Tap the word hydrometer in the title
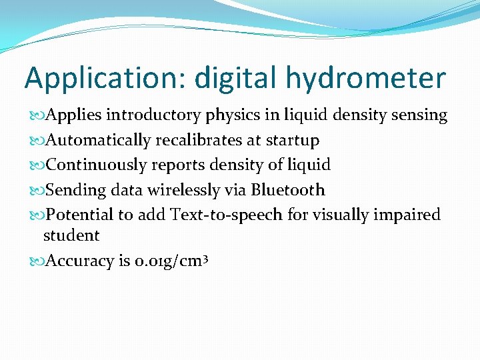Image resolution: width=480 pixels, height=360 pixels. (366, 79)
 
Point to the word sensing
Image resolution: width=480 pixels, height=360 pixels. (419, 115)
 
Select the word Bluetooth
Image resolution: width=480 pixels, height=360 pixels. (288, 190)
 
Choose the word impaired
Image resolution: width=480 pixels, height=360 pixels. (410, 215)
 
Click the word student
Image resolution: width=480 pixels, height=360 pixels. (71, 235)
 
